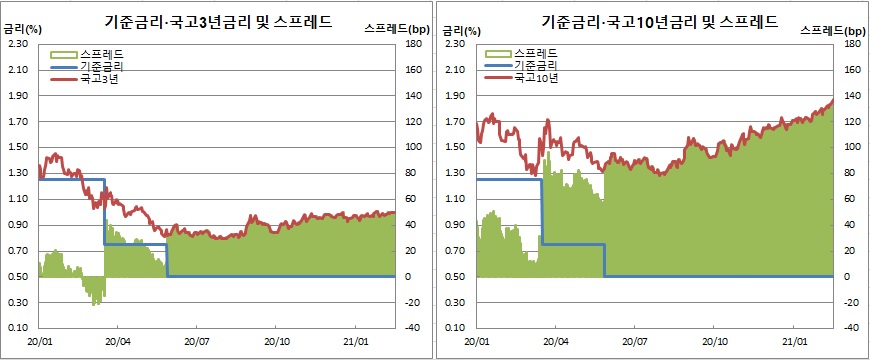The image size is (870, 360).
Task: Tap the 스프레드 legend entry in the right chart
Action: tap(535, 52)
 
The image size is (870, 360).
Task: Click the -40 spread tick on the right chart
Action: tap(852, 328)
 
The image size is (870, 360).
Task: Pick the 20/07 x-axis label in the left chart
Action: tap(195, 340)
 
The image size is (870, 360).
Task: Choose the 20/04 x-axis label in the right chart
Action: tap(555, 340)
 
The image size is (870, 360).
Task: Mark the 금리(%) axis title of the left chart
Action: tap(22, 30)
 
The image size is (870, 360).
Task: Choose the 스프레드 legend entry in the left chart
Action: tap(97, 52)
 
